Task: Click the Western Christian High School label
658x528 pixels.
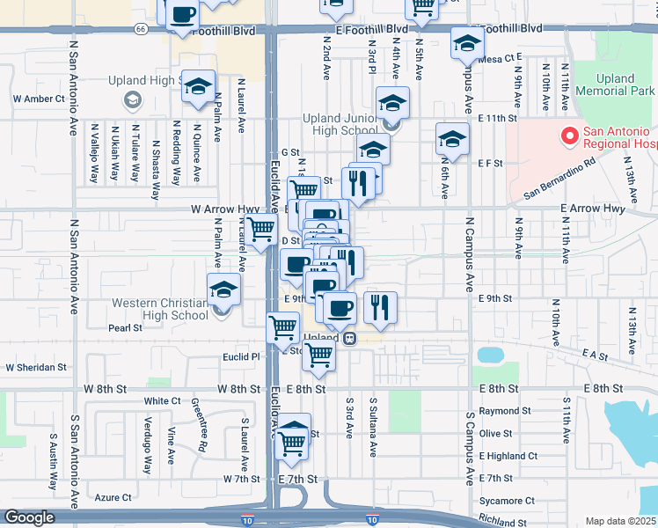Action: pos(160,310)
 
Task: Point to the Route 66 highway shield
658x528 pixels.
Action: pos(141,28)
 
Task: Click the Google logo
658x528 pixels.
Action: pos(30,517)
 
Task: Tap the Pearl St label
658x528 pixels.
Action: pos(125,328)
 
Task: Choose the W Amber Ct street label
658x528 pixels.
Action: pos(34,99)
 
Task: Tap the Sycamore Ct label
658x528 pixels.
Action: pos(507,501)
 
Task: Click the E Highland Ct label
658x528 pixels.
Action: pos(508,456)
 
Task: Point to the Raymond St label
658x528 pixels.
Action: pos(505,411)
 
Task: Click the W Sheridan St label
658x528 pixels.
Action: pos(36,367)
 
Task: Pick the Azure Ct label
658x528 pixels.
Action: pos(113,497)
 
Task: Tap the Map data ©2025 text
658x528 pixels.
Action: pos(619,521)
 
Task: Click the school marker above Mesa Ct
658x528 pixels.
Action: pos(467,42)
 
